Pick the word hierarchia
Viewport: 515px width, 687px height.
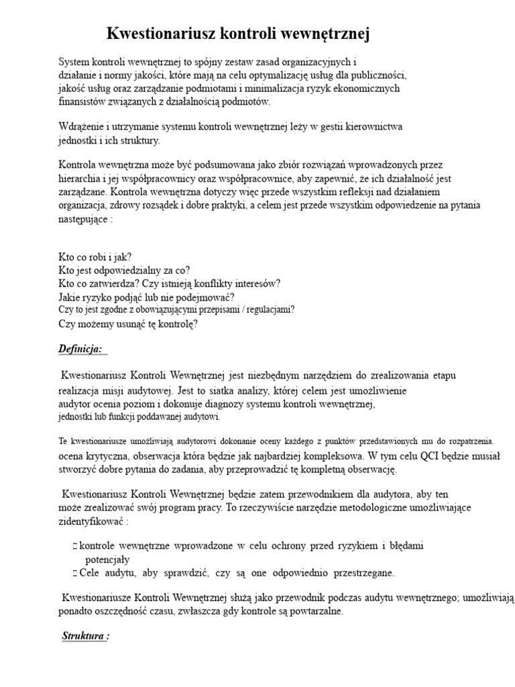[x=83, y=179]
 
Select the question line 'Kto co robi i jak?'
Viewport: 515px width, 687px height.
[x=95, y=257]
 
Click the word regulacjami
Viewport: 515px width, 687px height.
[x=268, y=310]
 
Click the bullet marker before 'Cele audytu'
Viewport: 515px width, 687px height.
[x=74, y=573]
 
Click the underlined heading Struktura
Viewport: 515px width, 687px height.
[x=84, y=636]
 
